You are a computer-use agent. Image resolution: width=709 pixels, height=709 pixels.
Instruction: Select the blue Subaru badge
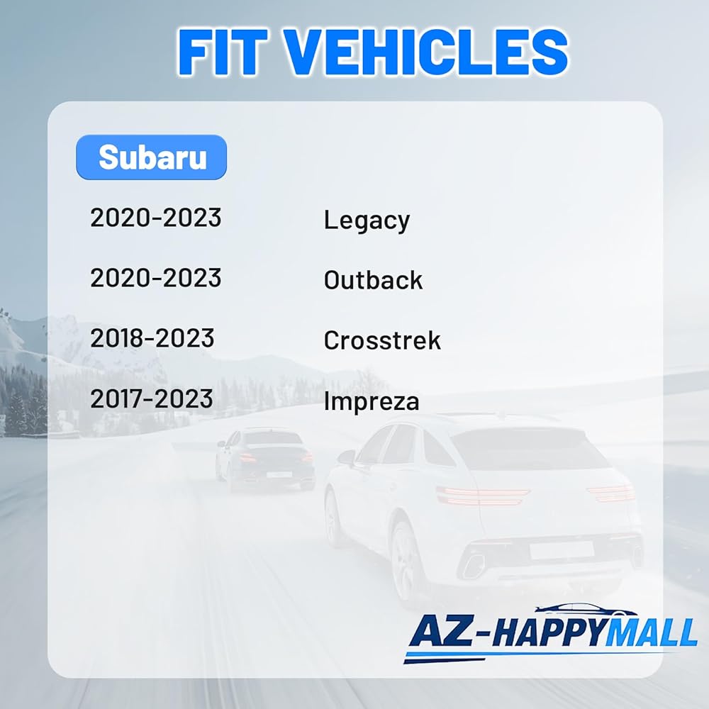coord(152,157)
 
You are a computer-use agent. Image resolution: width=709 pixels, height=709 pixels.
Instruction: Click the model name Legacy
coord(367,220)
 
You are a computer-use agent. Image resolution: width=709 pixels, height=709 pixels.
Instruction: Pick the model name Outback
coord(373,280)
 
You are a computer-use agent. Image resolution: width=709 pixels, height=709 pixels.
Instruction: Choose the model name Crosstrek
coord(382,340)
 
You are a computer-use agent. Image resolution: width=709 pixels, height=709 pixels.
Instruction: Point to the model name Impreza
coord(372,401)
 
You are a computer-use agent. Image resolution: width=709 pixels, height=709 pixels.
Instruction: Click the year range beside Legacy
coord(156,218)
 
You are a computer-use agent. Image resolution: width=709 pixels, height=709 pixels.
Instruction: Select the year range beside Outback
coord(156,278)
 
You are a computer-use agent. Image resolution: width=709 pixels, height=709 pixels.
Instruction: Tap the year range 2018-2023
coord(152,338)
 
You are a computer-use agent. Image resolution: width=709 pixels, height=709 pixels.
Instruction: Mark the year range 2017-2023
coord(152,398)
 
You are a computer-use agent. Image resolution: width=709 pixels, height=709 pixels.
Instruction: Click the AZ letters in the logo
coord(441,630)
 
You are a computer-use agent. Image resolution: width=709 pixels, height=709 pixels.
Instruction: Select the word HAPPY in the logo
coord(545,632)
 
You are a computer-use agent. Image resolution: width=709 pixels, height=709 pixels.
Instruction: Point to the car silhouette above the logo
coord(586,609)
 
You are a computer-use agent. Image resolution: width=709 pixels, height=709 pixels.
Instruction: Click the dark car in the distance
coord(265,459)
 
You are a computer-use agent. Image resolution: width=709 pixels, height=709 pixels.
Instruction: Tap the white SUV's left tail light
coord(481,496)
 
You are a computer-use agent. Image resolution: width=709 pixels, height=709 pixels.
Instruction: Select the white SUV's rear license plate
coord(561,549)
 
